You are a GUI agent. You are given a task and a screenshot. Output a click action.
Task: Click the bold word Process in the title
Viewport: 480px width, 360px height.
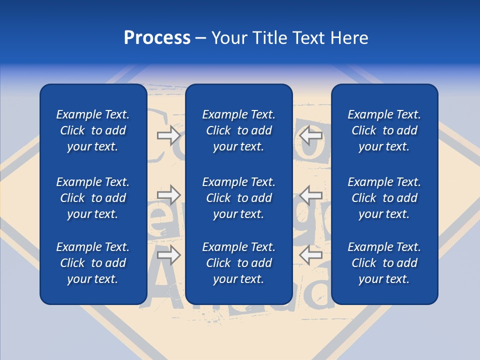(157, 38)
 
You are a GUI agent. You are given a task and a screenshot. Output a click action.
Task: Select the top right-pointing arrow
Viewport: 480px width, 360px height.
(169, 135)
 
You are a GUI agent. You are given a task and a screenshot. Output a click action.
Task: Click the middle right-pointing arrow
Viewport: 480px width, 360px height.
(169, 195)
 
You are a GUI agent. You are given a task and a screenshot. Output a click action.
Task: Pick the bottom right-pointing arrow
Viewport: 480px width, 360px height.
(169, 255)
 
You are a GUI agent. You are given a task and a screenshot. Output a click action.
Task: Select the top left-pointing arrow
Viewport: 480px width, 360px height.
(311, 135)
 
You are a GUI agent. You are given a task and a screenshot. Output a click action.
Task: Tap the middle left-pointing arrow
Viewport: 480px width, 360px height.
(311, 195)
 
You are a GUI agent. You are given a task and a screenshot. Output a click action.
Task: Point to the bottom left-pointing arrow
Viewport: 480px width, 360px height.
(311, 255)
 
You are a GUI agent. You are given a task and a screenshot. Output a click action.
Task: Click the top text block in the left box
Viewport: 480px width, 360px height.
(93, 130)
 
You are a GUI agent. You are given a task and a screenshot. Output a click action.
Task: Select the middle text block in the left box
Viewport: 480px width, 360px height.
(93, 198)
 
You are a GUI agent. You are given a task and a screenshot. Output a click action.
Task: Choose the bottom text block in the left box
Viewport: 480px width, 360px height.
(93, 263)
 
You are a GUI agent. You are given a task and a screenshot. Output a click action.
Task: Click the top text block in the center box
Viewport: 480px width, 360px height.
(239, 130)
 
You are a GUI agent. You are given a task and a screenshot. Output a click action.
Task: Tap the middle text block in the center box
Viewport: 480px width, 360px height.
(239, 198)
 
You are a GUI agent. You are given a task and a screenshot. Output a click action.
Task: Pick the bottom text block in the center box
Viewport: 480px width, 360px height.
(239, 263)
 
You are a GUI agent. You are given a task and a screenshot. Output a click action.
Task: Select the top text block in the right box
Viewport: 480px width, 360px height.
(384, 130)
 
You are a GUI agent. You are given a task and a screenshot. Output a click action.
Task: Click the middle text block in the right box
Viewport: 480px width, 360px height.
(384, 198)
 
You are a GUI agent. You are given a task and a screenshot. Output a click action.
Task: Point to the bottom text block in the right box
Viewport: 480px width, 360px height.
(384, 263)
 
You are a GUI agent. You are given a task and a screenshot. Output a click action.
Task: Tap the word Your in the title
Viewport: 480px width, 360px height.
(229, 38)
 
